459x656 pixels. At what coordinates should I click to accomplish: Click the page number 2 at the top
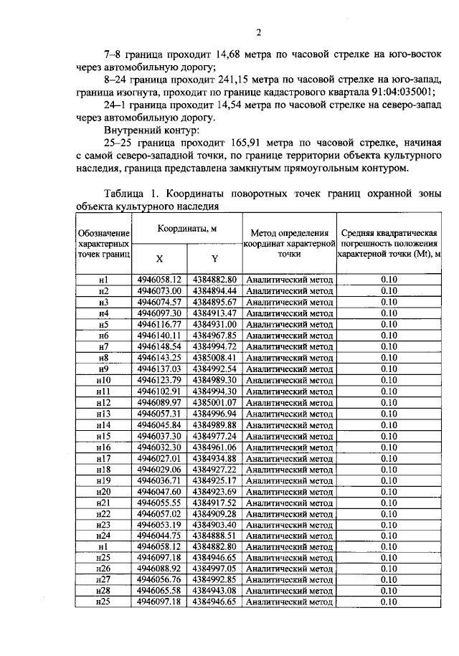pos(259,32)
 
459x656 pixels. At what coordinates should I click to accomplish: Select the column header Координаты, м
pos(187,229)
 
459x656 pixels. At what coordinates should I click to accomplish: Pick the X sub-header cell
pos(160,259)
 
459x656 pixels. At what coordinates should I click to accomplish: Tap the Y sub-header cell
pos(214,259)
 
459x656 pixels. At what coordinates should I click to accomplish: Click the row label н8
pos(103,358)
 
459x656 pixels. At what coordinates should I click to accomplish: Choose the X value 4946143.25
pos(160,358)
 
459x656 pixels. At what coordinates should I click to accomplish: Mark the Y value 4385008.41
pos(214,358)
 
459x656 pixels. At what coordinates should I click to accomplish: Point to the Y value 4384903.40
pos(214,526)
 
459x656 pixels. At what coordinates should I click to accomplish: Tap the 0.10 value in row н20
pos(389,492)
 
